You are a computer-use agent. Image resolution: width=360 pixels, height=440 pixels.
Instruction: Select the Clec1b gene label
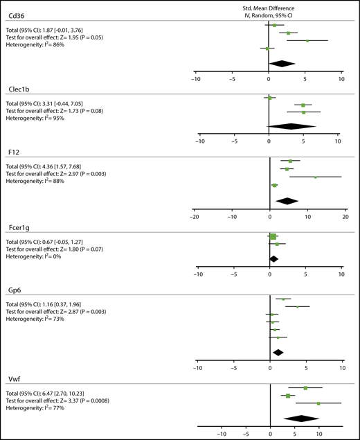point(17,88)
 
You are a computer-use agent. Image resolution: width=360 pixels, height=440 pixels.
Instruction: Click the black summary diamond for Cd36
point(283,64)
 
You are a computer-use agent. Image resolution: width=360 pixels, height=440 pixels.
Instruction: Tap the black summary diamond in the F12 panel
point(287,201)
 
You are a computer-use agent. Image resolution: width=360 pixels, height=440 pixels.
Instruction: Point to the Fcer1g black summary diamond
point(273,259)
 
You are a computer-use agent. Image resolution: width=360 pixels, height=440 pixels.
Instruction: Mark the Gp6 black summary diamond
point(278,352)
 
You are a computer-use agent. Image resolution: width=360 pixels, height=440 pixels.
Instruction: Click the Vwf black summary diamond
point(301,418)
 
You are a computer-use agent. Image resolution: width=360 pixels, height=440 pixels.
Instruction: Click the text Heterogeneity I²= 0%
point(39,255)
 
